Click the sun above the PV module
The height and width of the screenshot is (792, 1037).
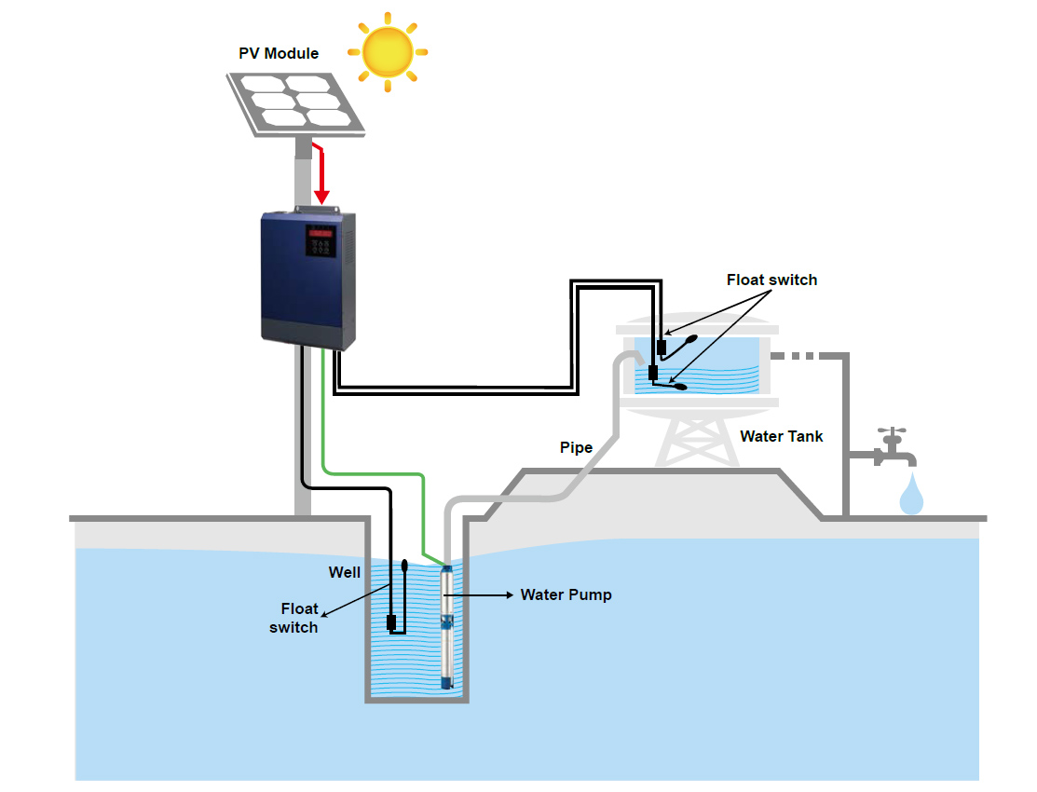coord(388,51)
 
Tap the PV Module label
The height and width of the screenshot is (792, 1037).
coord(279,54)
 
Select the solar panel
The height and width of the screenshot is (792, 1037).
coord(295,103)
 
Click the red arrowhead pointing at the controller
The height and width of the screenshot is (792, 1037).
coord(321,197)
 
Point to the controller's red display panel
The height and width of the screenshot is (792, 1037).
coord(321,233)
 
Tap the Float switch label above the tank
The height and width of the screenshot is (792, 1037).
coord(771,280)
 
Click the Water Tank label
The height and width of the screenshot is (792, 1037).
coord(781,437)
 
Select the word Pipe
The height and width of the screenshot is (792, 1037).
coord(576,448)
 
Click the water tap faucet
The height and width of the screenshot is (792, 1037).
coord(893,449)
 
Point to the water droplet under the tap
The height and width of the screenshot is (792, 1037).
coord(910,494)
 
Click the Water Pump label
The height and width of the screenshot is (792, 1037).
coord(566,594)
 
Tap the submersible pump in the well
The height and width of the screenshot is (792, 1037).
coord(448,626)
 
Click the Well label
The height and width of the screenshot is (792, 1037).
coord(345,572)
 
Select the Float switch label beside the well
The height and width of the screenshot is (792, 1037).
coord(293,618)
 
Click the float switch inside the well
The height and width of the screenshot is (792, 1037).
coord(398,597)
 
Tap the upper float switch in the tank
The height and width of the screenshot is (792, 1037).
coord(675,348)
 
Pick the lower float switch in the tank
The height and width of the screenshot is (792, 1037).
coord(667,379)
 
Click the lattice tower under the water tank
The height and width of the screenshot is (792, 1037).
coord(697,441)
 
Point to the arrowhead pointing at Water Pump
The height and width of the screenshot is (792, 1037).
coord(510,594)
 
